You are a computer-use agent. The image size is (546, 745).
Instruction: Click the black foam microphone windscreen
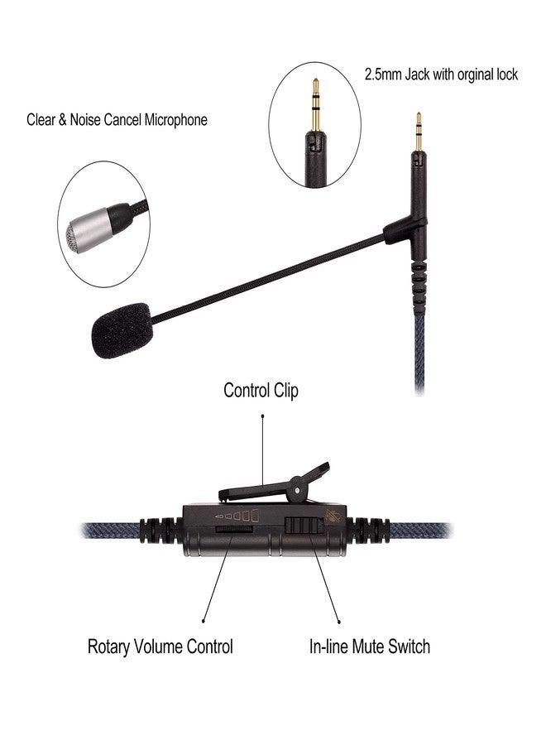coord(121,329)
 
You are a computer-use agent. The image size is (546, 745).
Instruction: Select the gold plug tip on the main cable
coord(419,132)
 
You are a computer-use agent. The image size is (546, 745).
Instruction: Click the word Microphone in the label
coord(176,120)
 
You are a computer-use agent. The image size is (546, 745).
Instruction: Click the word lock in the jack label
coord(504,74)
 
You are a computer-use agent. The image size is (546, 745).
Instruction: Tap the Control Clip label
coord(261,391)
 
